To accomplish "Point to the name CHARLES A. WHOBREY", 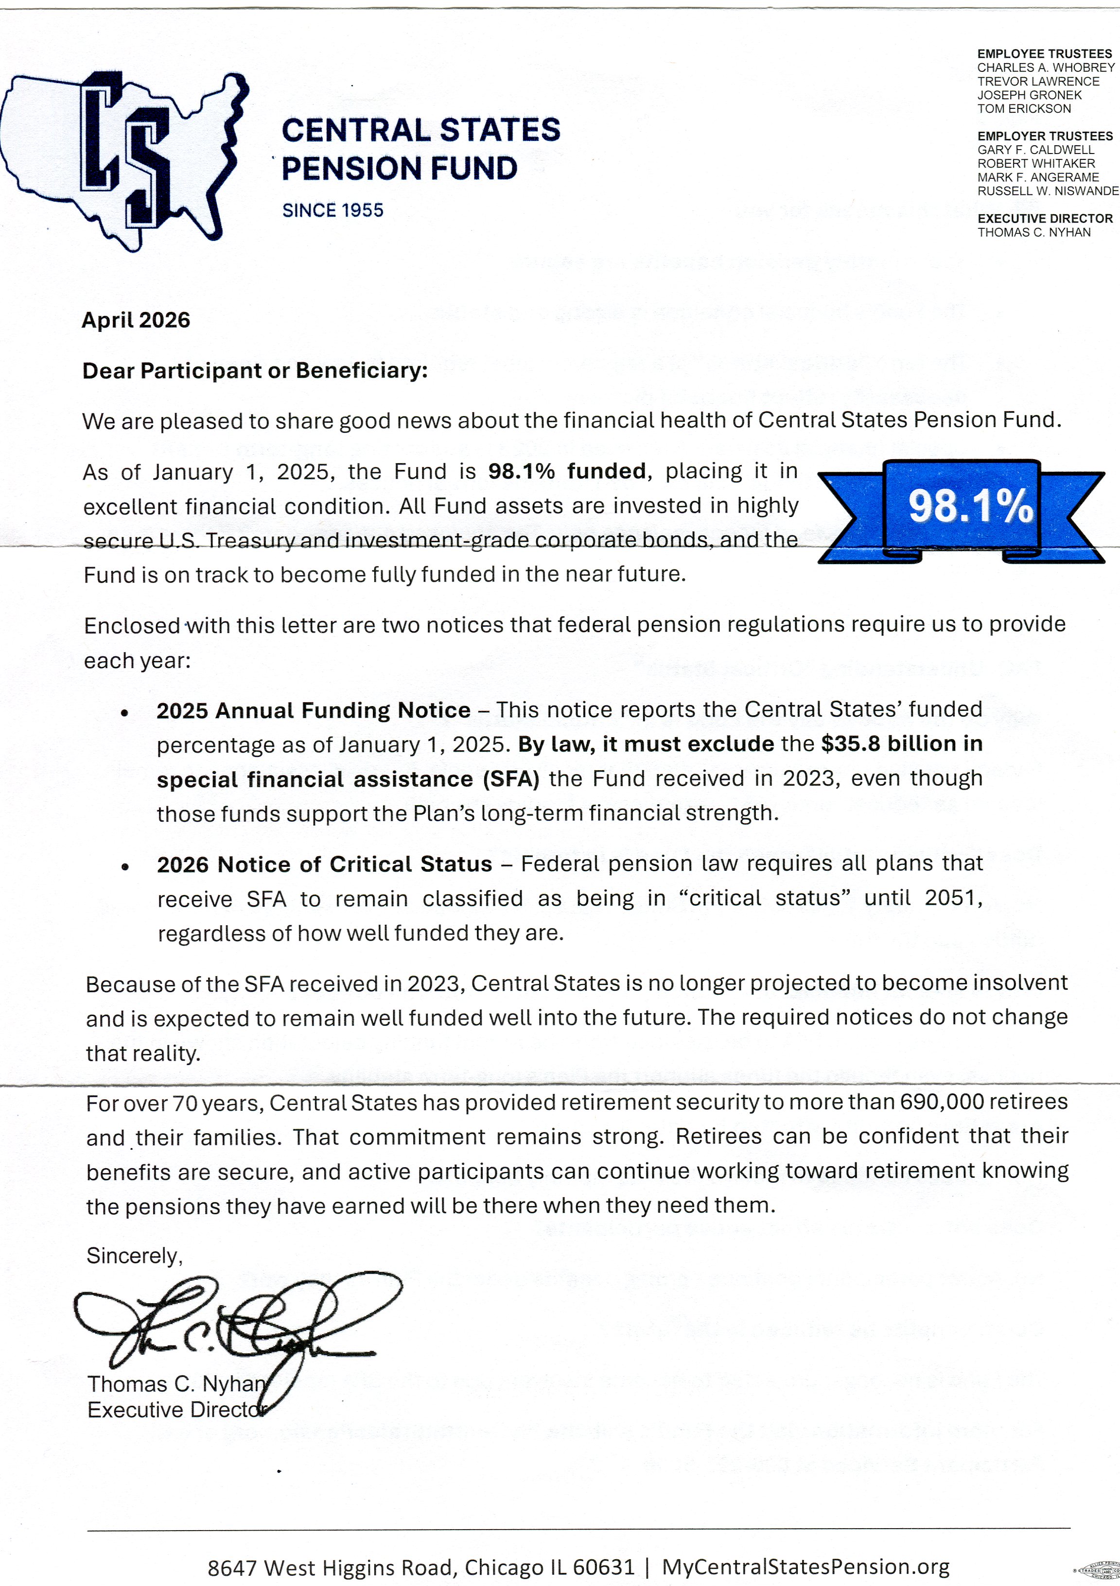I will coord(1045,68).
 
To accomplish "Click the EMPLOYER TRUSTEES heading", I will coord(1045,136).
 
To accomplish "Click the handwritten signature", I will coord(235,1323).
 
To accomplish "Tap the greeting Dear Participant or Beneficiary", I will coord(255,371).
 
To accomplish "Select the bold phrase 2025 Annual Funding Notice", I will coord(313,710).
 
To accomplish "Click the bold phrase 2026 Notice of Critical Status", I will coord(324,864).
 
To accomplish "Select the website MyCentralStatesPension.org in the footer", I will coord(805,1567).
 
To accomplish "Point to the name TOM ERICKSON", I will coord(1024,108).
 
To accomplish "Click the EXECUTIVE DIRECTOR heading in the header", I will coord(1045,218).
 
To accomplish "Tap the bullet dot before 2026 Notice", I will coord(124,867).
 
